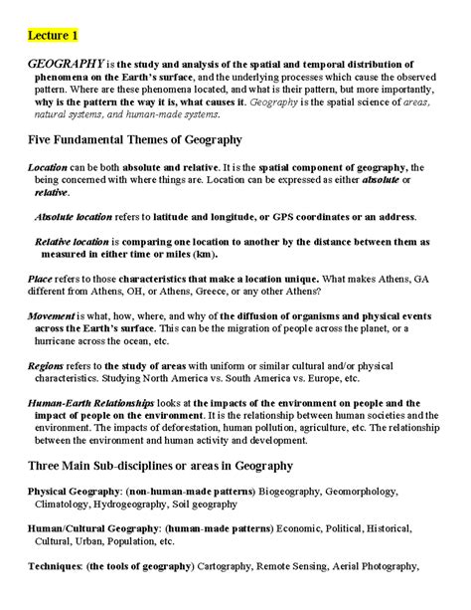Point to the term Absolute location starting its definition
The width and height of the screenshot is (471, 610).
pyautogui.click(x=74, y=216)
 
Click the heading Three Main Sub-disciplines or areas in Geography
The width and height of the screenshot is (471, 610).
pyautogui.click(x=160, y=466)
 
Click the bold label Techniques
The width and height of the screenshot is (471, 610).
pyautogui.click(x=55, y=567)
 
